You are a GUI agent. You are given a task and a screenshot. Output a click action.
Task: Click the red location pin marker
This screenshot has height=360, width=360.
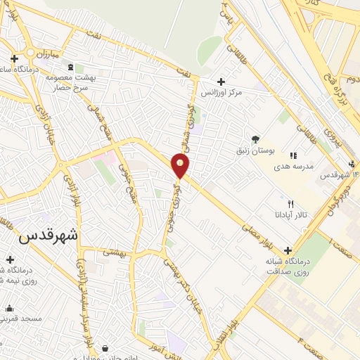click(181, 166)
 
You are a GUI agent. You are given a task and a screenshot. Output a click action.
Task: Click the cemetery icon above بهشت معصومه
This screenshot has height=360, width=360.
click(70, 67)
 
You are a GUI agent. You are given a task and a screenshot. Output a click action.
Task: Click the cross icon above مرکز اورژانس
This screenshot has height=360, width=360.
click(221, 82)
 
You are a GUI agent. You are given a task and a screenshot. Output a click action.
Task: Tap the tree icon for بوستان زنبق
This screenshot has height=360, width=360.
click(255, 139)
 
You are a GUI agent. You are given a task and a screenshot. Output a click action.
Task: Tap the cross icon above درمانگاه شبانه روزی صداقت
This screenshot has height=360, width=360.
click(288, 250)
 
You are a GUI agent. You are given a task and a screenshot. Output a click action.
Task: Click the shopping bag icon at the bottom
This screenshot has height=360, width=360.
click(105, 348)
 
